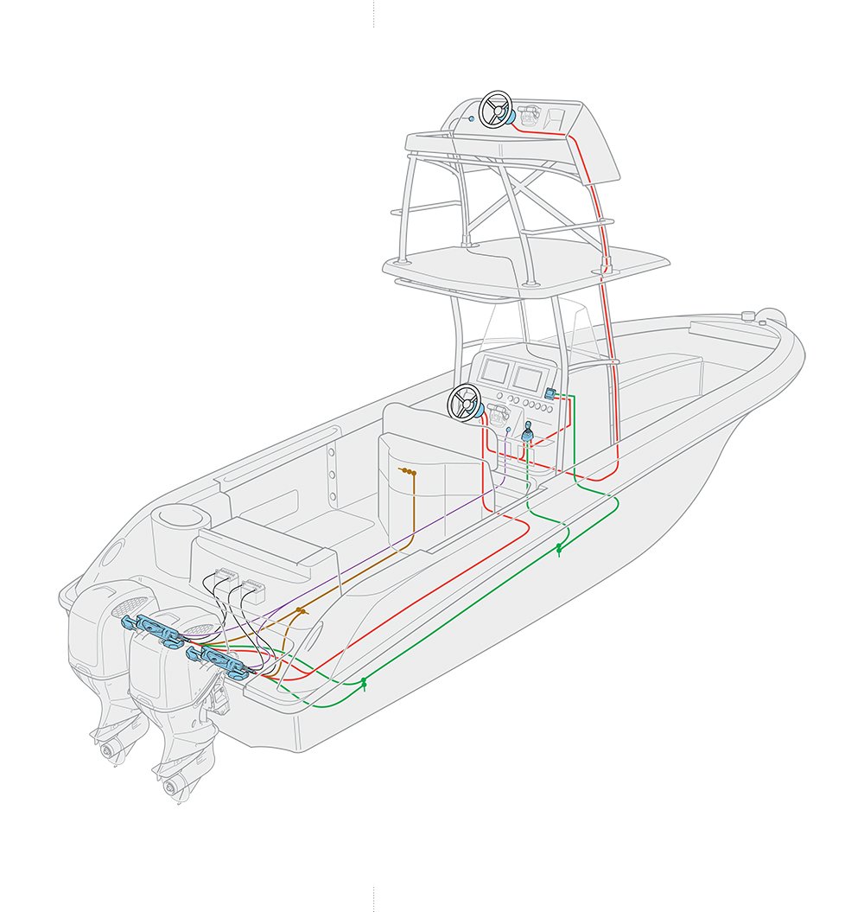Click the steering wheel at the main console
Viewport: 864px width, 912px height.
pyautogui.click(x=463, y=402)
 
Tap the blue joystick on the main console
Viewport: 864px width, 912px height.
pyautogui.click(x=527, y=429)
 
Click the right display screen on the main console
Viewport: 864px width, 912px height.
pyautogui.click(x=528, y=377)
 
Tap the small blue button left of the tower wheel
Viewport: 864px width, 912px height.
pyautogui.click(x=470, y=118)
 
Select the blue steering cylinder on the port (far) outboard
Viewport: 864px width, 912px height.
pyautogui.click(x=155, y=630)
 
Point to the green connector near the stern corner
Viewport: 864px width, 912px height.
pyautogui.click(x=364, y=683)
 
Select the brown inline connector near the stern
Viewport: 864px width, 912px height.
pyautogui.click(x=301, y=610)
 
